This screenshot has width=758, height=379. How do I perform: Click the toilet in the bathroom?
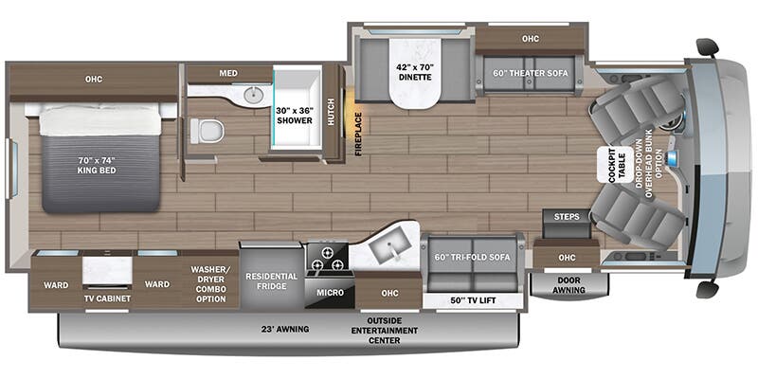(x=208, y=131)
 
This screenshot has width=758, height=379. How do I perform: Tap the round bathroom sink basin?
(x=253, y=96)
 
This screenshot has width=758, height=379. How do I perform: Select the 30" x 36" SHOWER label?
(x=295, y=115)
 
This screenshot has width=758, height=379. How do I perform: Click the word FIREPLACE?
(x=358, y=134)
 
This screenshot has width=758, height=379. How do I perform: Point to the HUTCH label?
(x=331, y=112)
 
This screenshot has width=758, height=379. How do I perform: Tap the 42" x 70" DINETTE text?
(x=416, y=72)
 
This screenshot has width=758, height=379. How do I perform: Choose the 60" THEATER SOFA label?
(x=531, y=73)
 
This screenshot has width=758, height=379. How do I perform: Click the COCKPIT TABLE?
(x=617, y=165)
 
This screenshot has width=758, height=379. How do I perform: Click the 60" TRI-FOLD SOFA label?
(x=473, y=257)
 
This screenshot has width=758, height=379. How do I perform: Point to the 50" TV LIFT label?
(x=473, y=300)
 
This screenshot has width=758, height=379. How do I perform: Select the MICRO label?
(x=331, y=293)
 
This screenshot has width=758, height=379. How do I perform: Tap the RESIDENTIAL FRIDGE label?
(x=271, y=280)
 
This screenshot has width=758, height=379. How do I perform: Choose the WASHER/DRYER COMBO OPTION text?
(x=210, y=283)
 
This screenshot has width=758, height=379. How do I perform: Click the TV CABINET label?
(x=107, y=298)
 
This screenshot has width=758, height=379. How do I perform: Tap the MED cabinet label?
(x=228, y=73)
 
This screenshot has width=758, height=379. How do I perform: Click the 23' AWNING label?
(x=285, y=329)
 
